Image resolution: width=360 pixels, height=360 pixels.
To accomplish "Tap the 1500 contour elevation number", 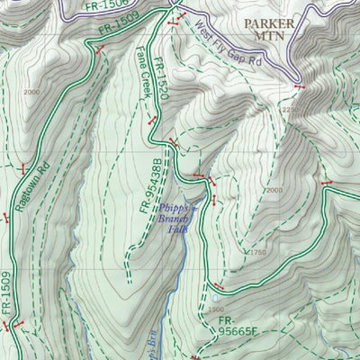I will click(x=216, y=308).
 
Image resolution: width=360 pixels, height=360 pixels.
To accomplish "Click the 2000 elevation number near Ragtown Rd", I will click(x=33, y=93).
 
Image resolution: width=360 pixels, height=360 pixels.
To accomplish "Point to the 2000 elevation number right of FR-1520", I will click(x=274, y=190).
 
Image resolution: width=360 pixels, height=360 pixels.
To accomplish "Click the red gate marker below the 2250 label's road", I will click(x=299, y=86).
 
